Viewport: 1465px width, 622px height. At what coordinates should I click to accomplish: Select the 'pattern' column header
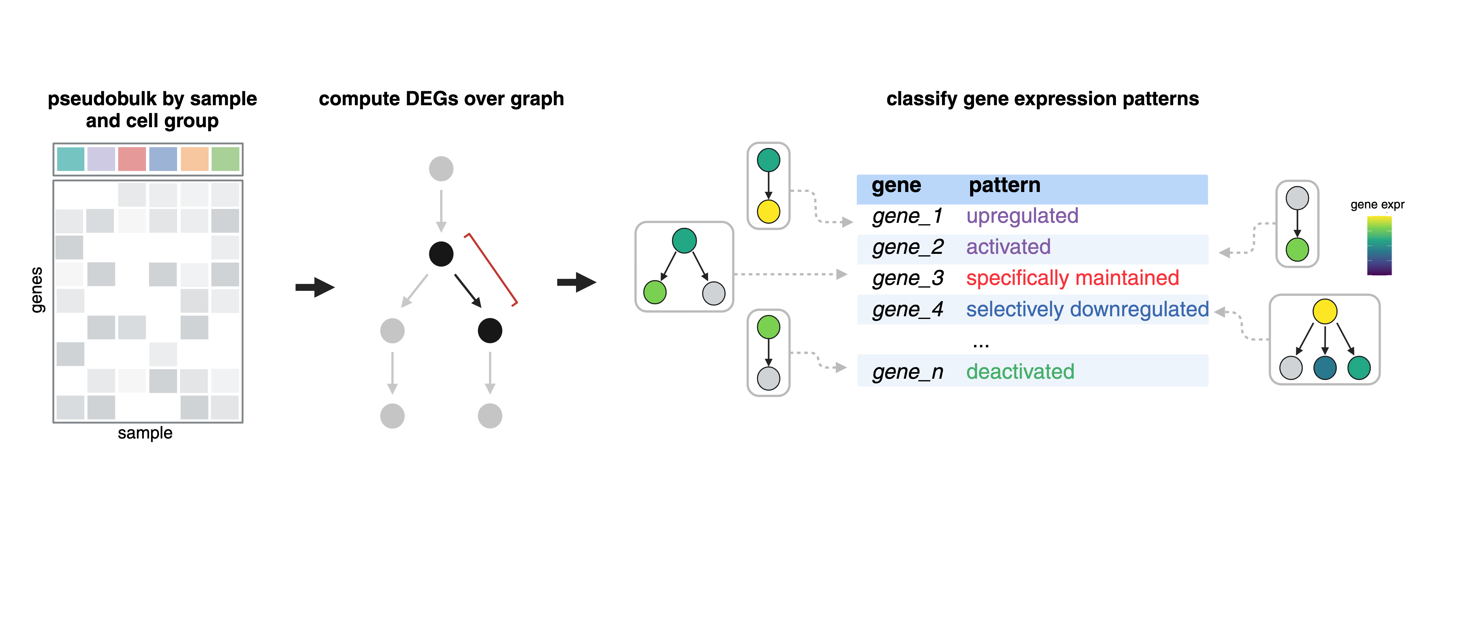coord(1004,186)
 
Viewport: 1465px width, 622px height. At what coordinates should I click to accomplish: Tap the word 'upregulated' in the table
coord(1022,216)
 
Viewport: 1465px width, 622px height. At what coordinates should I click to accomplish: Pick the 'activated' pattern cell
coord(1008,247)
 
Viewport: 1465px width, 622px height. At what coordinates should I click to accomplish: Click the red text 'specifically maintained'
coord(1072,278)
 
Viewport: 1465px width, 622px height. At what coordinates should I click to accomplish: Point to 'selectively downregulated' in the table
coord(1087,310)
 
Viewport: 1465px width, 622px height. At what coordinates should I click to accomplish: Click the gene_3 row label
coord(908,278)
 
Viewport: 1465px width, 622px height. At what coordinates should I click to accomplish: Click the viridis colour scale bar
coord(1379,246)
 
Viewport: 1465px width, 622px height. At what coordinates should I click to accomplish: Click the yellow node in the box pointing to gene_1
coord(768,212)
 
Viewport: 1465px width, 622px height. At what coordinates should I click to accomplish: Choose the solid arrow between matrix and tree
coord(314,287)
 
